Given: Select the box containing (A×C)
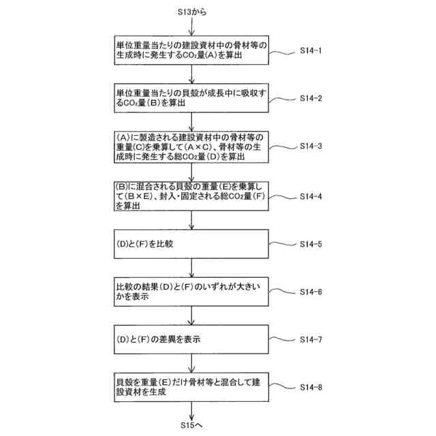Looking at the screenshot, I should [x=193, y=147].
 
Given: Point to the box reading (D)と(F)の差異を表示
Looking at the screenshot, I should [x=193, y=339].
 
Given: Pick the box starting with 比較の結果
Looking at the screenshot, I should [x=193, y=292].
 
